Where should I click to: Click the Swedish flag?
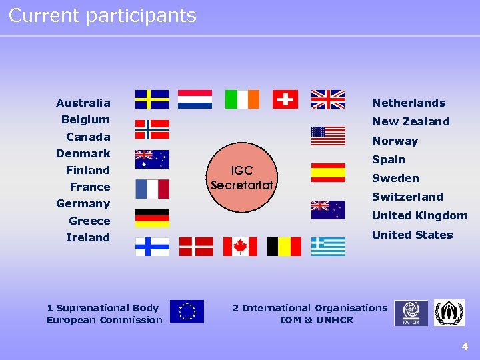[152, 99]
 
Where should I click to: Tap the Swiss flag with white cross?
[285, 99]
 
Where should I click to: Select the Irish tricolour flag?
[242, 99]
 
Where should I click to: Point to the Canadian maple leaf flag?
[240, 247]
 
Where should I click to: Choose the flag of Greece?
[328, 247]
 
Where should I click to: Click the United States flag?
[328, 136]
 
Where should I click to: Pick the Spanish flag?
[328, 173]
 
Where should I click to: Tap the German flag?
[152, 217]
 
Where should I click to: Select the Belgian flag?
[284, 247]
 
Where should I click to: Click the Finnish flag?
[152, 247]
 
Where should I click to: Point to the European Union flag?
[187, 312]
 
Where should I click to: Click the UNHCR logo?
[449, 313]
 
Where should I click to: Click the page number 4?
[465, 346]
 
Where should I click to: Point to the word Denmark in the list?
[83, 153]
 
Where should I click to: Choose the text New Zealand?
[411, 121]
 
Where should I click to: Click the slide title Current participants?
[103, 15]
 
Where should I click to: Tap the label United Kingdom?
[419, 215]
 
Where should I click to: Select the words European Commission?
[105, 320]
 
